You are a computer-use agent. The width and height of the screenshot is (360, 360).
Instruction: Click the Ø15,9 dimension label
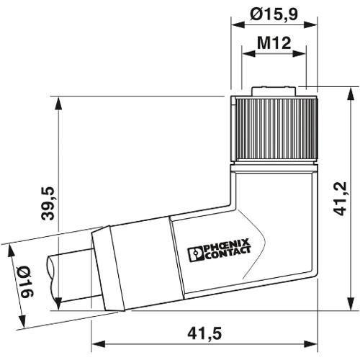pyautogui.click(x=274, y=14)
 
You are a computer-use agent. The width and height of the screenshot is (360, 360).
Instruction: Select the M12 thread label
pyautogui.click(x=274, y=43)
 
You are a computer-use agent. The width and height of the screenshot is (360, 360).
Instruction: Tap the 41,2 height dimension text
pyautogui.click(x=341, y=199)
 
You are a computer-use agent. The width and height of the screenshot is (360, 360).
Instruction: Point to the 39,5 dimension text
pyautogui.click(x=48, y=204)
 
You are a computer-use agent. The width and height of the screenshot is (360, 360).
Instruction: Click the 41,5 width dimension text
pyautogui.click(x=204, y=334)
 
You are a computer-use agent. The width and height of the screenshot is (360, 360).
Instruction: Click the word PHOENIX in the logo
pyautogui.click(x=227, y=245)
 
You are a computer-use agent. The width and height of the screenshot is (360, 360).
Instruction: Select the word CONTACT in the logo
pyautogui.click(x=228, y=253)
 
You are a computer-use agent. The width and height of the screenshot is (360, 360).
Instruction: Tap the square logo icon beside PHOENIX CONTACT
pyautogui.click(x=196, y=255)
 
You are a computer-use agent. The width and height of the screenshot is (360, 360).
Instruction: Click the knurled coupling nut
pyautogui.click(x=274, y=130)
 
